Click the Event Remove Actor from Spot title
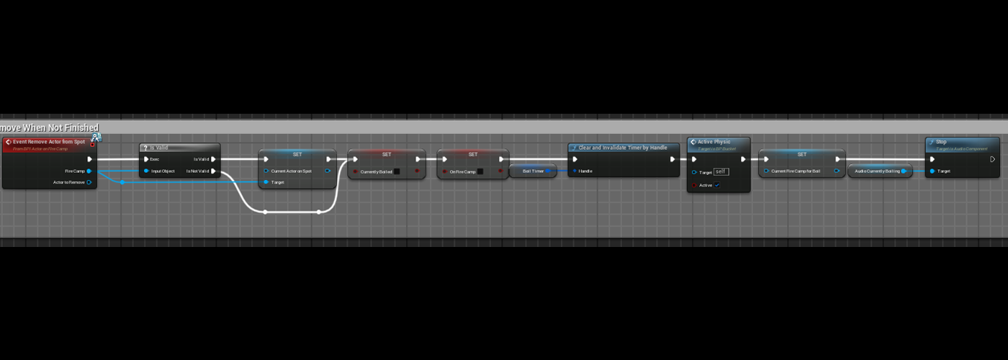pos(49,142)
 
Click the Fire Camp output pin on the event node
pos(89,171)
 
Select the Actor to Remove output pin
pos(89,182)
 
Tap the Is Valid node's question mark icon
pos(145,148)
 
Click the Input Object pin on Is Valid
pos(146,171)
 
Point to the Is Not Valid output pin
pos(214,171)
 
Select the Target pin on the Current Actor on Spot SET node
pos(266,182)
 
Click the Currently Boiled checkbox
pos(397,171)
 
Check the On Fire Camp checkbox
pos(480,171)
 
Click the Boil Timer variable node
pos(533,171)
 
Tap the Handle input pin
pos(575,171)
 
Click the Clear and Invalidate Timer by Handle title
pos(623,148)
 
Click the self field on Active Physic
pos(721,172)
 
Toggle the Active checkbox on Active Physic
pos(717,185)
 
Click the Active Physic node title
pos(714,142)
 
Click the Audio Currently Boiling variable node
pos(877,171)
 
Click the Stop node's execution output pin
pos(992,159)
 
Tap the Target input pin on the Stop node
pos(932,171)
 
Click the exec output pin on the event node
pos(89,159)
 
